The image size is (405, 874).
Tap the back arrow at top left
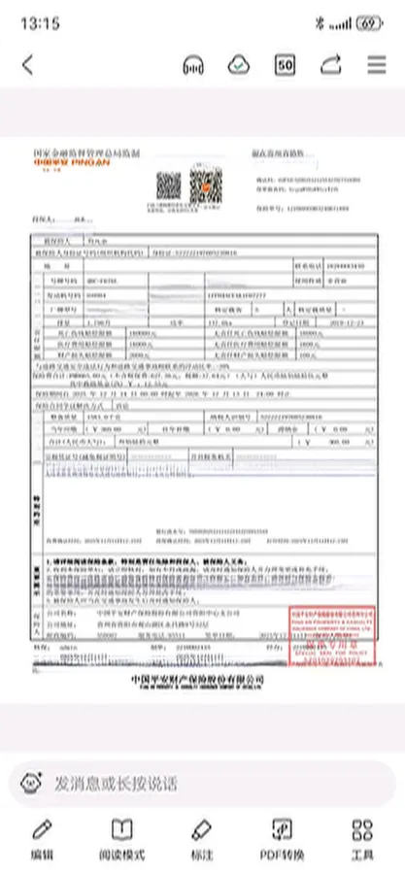click(27, 65)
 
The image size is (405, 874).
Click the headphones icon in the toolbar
click(193, 65)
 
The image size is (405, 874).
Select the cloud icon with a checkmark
click(238, 65)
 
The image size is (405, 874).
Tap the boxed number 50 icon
click(286, 65)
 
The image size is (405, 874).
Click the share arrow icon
click(331, 65)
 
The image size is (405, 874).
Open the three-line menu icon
click(377, 65)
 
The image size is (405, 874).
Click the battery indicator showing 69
click(369, 21)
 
